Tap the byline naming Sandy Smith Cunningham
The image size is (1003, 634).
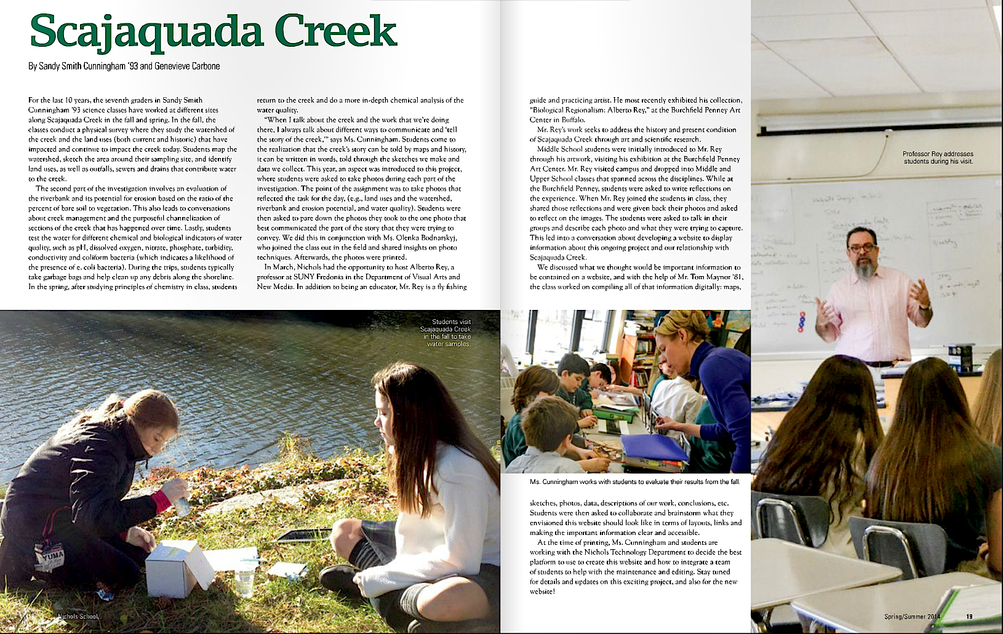pos(124,66)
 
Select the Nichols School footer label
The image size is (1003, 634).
pos(78,616)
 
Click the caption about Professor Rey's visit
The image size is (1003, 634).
pos(938,157)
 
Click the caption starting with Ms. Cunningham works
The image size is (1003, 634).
pos(634,481)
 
